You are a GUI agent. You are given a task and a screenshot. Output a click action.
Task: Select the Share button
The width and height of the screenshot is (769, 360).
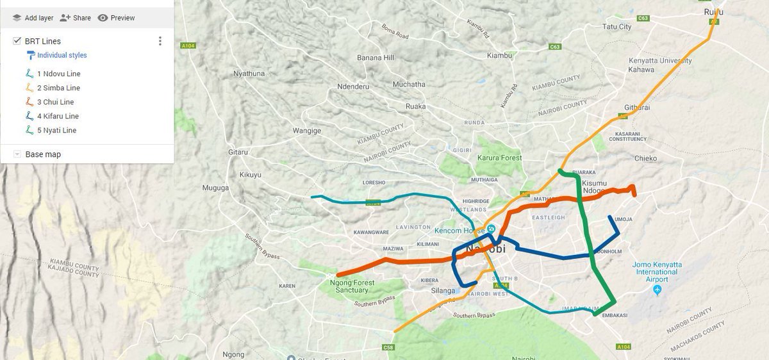pos(76,18)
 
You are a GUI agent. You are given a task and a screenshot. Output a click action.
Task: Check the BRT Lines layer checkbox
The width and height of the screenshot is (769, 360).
pos(17,41)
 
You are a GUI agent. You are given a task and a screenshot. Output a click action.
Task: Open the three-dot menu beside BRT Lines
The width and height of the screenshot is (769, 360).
pos(160,41)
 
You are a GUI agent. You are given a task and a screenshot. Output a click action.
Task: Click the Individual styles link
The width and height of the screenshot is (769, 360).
pos(62,55)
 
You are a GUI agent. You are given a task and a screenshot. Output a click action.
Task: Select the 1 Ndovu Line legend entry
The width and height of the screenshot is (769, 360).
pos(58,74)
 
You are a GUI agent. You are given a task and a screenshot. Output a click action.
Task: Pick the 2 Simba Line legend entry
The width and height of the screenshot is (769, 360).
pos(58,88)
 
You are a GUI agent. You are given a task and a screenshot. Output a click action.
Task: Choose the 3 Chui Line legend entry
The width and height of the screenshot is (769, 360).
pos(55,102)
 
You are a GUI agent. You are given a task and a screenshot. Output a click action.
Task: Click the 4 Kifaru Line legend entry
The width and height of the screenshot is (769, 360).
pos(58,116)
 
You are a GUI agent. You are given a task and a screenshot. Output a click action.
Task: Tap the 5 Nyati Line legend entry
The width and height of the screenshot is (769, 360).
pos(56,130)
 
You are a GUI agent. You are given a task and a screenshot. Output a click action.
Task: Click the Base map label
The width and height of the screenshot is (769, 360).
pos(43,154)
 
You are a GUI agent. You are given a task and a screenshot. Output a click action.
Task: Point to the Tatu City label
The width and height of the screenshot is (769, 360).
pos(617,27)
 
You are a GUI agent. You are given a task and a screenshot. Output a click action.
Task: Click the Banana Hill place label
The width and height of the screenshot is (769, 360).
pos(376,58)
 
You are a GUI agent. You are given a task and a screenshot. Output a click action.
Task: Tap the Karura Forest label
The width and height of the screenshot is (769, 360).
pos(500,158)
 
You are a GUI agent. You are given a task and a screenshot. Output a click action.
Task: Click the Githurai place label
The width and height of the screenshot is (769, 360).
pos(637,108)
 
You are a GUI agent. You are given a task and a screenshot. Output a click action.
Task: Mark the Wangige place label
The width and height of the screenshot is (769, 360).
pos(307,131)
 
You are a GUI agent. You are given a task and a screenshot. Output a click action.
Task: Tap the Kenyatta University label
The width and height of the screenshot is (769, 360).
pos(660,61)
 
